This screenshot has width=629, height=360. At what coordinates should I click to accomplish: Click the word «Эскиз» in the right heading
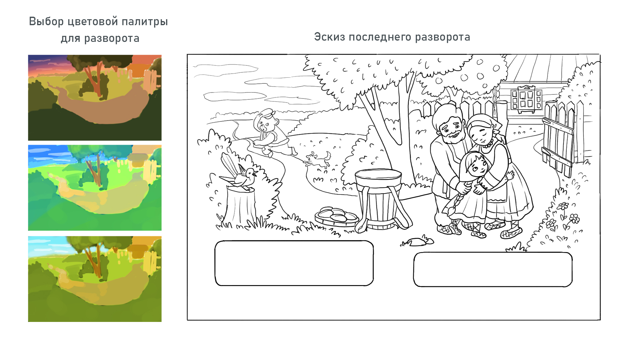click(330, 37)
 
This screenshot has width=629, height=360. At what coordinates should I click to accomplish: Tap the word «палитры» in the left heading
click(145, 22)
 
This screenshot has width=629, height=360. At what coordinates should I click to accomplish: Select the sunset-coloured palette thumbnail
click(95, 98)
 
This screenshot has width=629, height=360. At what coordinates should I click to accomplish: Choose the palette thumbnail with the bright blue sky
click(95, 188)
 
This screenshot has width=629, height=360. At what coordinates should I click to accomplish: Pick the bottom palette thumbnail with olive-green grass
click(95, 279)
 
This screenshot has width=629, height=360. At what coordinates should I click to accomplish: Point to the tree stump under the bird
click(241, 206)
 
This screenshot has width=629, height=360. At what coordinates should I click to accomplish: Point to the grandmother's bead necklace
click(488, 145)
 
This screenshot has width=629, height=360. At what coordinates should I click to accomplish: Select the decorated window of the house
click(526, 99)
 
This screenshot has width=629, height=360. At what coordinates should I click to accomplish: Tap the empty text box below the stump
click(294, 263)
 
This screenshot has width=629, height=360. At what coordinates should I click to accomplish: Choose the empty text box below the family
click(493, 269)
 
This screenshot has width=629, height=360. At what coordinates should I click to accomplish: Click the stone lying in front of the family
click(417, 242)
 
